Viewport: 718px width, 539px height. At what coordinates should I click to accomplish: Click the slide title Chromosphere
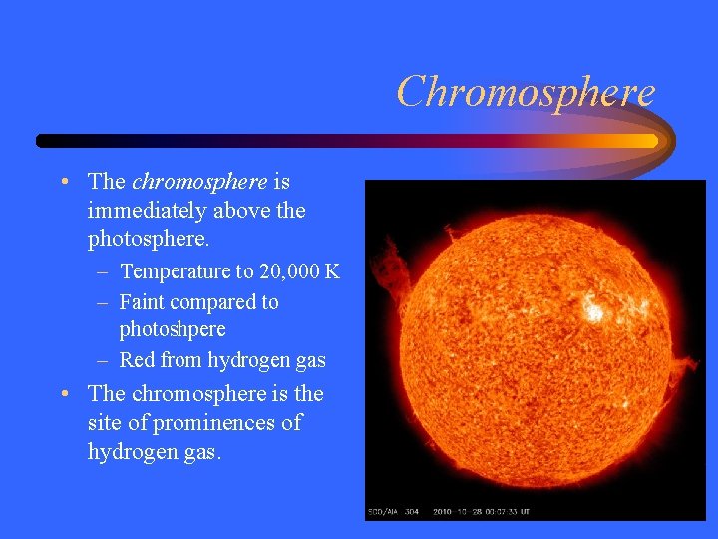coord(526,92)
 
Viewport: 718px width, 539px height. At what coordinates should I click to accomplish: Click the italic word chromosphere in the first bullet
coord(199,182)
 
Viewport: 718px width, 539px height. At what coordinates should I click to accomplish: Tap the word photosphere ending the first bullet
coord(148,240)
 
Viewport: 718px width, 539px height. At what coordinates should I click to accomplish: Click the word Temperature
coord(176,271)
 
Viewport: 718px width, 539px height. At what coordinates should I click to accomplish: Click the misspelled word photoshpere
coord(173,329)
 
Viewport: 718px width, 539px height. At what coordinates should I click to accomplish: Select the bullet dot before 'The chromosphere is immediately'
coord(64,183)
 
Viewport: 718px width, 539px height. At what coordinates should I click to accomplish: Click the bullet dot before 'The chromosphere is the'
coord(64,394)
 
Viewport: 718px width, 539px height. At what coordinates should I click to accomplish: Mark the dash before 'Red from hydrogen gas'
coord(104,360)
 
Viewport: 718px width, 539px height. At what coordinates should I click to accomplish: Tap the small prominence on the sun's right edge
coord(682,371)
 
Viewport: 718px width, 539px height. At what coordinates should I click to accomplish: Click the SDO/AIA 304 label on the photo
coord(392,512)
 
